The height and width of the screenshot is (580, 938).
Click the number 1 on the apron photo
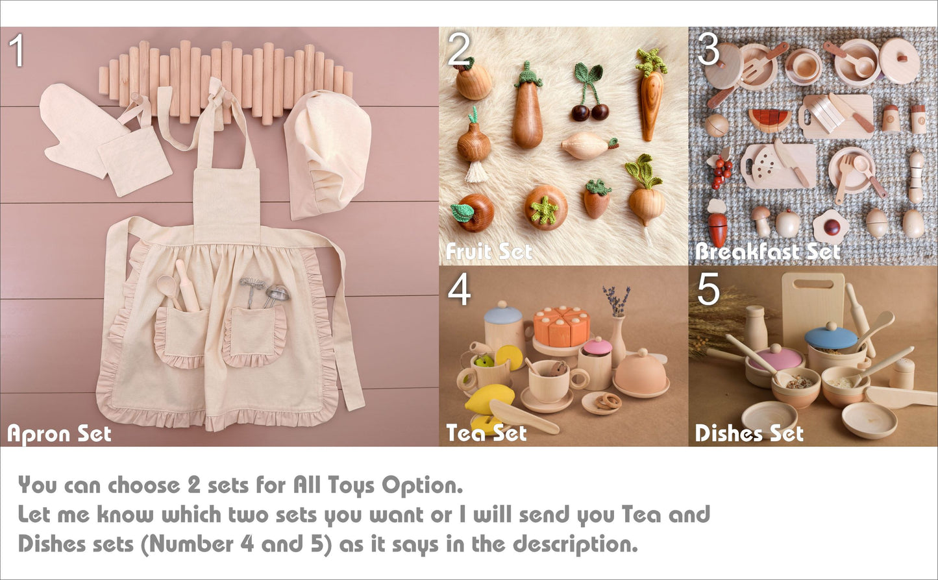pos(17,50)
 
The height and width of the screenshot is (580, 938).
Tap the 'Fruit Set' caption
pos(488,252)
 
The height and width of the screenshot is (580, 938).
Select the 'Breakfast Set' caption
pos(767,252)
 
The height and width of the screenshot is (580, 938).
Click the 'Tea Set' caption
pos(486,433)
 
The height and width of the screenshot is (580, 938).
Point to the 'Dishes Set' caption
pos(749,433)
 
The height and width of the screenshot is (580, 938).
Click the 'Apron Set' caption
pos(59,434)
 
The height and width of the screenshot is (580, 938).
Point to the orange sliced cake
pos(562,326)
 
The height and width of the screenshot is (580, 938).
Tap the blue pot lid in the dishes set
pos(832,337)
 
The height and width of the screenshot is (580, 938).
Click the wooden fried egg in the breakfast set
pos(831,227)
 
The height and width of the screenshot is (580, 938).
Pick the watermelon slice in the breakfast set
pos(770,119)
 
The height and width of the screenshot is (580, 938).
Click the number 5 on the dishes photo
pos(708,288)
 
